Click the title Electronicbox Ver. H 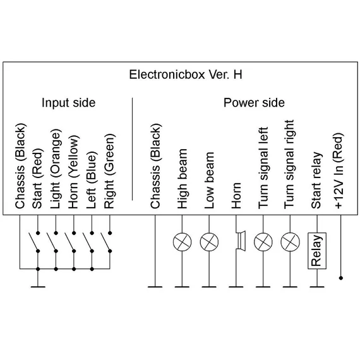tap(186, 75)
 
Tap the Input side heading tap(68, 102)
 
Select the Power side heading tap(254, 102)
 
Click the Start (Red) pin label tap(37, 179)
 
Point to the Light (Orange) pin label tap(56, 169)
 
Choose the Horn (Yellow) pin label tap(73, 172)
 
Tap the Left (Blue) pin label tap(92, 180)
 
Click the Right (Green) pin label tap(109, 171)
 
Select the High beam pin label tap(183, 179)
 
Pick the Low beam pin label tap(209, 180)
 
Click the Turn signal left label tap(263, 168)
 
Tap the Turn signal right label tap(289, 164)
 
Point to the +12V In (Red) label tap(339, 171)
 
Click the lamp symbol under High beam tap(182, 242)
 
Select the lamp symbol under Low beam tap(209, 242)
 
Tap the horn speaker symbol tap(241, 241)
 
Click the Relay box tap(317, 251)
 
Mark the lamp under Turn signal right tap(290, 242)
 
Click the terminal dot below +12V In tap(341, 278)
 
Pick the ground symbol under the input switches tap(38, 287)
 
